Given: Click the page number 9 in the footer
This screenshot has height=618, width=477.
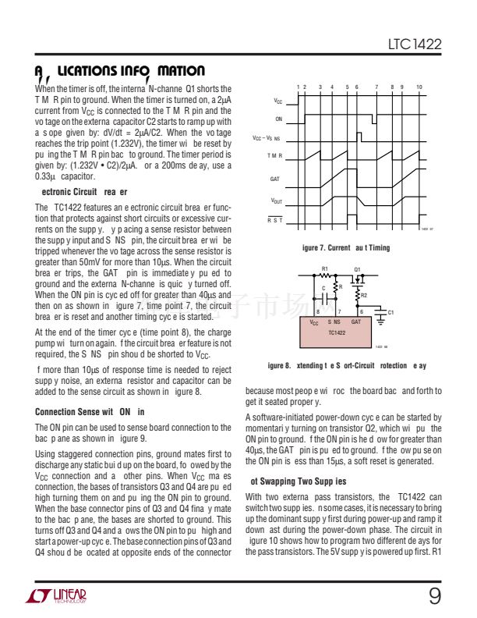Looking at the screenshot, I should [434, 596].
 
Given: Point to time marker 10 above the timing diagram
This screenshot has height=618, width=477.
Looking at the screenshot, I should [419, 86].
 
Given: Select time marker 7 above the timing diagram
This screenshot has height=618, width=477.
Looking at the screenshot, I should [376, 86].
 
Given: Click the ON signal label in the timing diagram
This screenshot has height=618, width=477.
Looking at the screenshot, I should [278, 119].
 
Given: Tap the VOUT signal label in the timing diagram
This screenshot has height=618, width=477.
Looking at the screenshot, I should [276, 201].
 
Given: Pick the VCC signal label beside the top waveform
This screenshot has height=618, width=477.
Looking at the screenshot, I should [277, 101].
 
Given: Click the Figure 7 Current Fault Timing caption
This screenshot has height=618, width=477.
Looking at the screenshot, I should [345, 247].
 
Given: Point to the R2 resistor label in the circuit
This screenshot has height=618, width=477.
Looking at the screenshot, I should [364, 296].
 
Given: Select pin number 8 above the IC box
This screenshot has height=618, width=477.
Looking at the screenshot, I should [317, 312].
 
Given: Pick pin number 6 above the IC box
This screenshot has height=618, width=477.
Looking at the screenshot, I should [360, 312].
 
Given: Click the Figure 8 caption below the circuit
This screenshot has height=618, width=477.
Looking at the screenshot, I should [346, 365].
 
